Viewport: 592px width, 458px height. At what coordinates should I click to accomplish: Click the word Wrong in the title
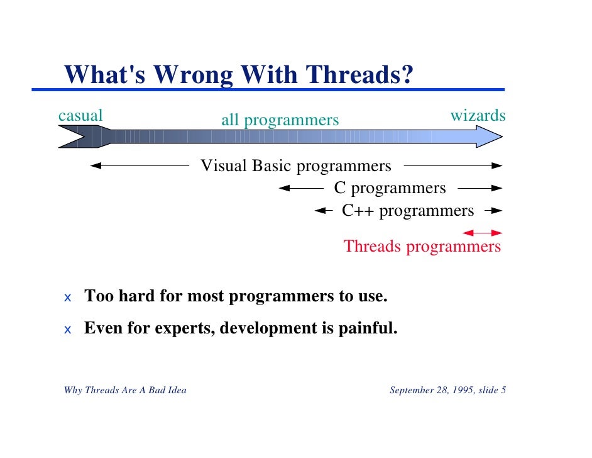(x=193, y=75)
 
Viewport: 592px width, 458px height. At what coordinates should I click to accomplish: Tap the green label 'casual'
(x=80, y=116)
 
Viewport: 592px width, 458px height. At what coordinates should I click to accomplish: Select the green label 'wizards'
(x=478, y=116)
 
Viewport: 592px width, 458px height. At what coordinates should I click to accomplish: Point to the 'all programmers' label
(x=280, y=120)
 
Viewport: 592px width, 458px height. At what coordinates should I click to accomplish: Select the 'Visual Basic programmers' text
(x=295, y=166)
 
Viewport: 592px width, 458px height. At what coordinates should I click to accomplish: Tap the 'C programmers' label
(x=390, y=188)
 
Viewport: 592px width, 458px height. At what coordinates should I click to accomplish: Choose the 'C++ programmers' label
(x=408, y=210)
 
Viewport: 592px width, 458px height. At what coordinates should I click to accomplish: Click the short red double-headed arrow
(x=483, y=233)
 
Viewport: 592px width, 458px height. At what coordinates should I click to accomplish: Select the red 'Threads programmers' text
(x=422, y=246)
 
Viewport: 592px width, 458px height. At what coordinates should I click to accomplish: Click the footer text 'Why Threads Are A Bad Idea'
(x=125, y=390)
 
